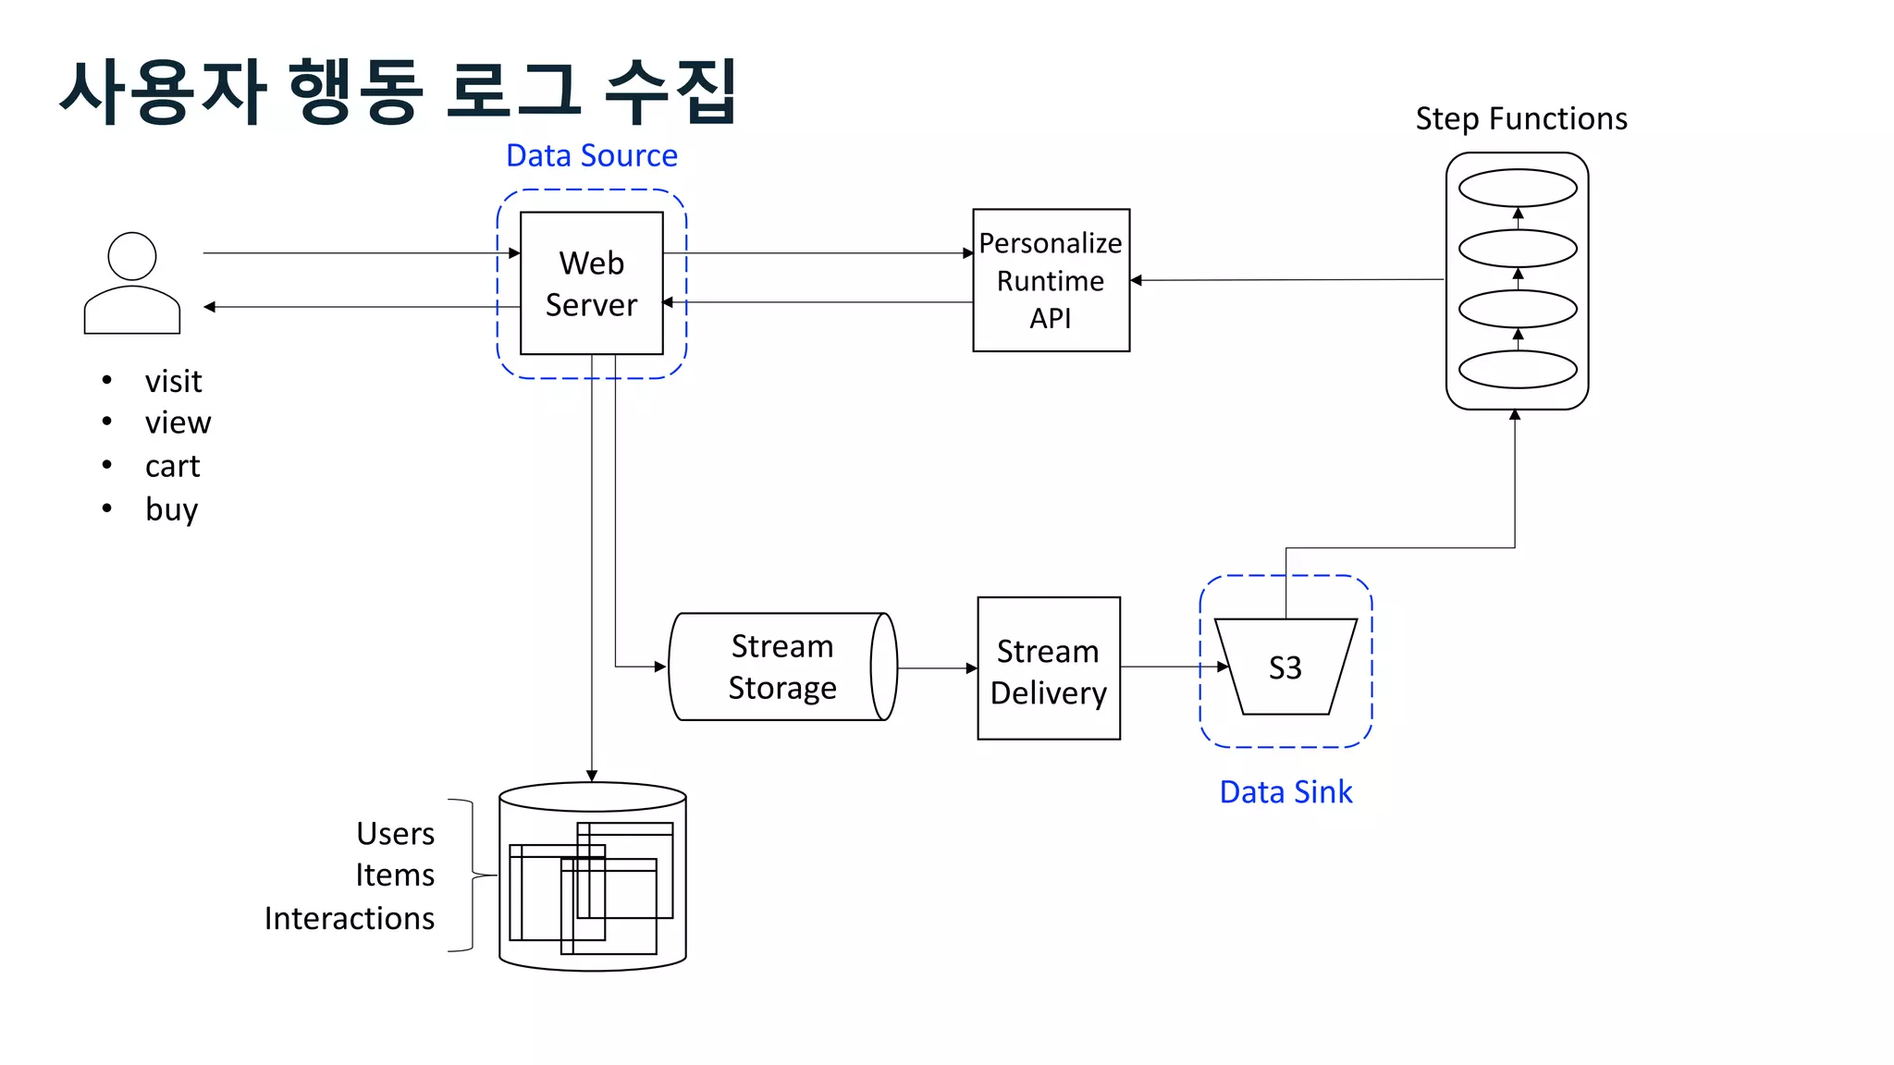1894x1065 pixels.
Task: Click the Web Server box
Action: tap(591, 283)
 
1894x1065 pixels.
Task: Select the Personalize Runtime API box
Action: tap(1051, 280)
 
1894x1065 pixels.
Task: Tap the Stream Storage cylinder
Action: tap(781, 667)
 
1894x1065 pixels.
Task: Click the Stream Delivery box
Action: tap(1048, 668)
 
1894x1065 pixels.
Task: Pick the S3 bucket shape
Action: tap(1285, 667)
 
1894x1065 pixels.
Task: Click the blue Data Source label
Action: tap(591, 155)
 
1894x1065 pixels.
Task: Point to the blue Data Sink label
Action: tap(1285, 792)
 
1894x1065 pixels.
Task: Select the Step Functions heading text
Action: tap(1520, 118)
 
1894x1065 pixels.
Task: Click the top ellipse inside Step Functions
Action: tap(1517, 188)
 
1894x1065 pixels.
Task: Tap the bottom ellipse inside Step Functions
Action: tap(1517, 369)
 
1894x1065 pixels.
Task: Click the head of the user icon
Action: tap(132, 256)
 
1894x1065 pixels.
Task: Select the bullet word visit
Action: tap(173, 381)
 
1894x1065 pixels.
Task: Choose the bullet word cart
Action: tap(172, 466)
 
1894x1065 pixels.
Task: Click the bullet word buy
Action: tap(171, 509)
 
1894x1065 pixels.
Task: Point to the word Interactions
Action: tap(349, 918)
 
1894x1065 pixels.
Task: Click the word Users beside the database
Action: tap(395, 833)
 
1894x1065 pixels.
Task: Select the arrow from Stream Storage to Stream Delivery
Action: tap(936, 667)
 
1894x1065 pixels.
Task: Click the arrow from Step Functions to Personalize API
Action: tap(1285, 279)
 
